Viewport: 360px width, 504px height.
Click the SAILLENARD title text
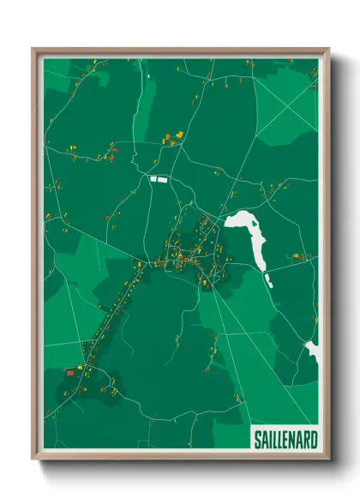point(285,440)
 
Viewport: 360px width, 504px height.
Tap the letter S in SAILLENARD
point(258,440)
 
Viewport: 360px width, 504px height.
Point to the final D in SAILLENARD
point(314,440)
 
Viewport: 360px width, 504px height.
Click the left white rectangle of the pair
point(154,179)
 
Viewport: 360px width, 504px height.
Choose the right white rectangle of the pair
point(165,179)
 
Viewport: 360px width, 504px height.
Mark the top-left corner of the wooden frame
point(33,48)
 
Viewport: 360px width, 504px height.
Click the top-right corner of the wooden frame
point(328,48)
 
